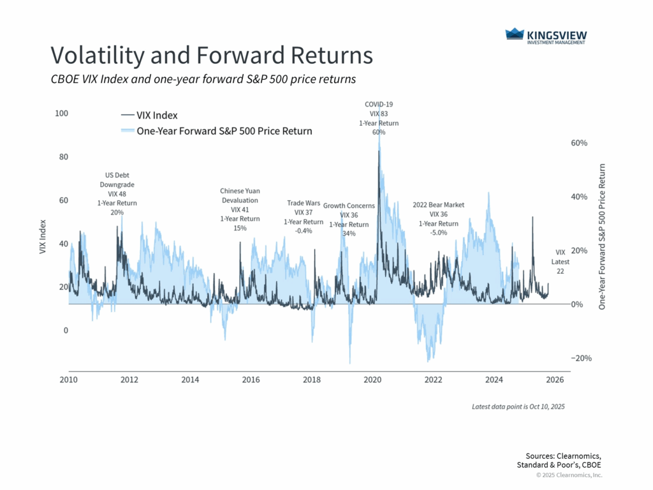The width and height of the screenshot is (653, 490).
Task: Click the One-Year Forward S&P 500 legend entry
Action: tap(216, 131)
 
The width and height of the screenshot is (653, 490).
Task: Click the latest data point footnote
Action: tap(518, 406)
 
